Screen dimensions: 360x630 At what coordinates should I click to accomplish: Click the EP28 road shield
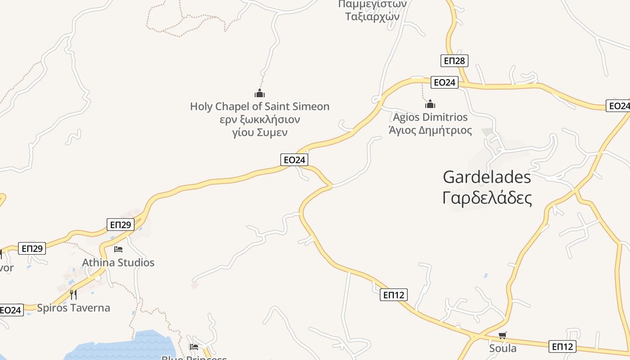tap(454, 61)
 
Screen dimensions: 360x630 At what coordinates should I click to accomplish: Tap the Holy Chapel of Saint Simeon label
tap(260, 107)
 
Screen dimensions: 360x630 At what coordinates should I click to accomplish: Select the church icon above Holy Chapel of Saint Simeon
tap(260, 93)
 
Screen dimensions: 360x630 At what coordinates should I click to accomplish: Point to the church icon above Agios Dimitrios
tap(430, 104)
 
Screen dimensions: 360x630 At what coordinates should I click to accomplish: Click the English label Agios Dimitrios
tap(430, 117)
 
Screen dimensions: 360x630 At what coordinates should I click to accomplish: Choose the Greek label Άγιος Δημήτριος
tap(430, 130)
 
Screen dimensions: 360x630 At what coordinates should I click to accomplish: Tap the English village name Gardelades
tap(487, 177)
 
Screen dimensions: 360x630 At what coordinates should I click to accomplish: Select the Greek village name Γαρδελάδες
tap(487, 198)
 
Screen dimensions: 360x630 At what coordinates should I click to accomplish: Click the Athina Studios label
tap(118, 262)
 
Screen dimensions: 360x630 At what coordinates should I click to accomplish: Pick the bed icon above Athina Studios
tap(118, 249)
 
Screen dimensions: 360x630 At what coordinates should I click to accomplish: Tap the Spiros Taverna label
tap(73, 308)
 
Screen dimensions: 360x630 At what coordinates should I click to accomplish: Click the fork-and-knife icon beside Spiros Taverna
tap(73, 295)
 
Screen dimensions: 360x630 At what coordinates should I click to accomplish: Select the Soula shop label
tap(503, 348)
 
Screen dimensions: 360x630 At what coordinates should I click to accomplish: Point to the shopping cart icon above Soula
tap(503, 335)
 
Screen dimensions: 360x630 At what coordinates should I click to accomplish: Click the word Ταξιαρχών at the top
tap(372, 16)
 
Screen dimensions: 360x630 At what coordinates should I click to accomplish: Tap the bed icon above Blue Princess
tap(194, 346)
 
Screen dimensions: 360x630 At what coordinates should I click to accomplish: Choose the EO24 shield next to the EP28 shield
tap(444, 82)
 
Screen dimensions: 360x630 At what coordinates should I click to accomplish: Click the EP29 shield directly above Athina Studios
tap(121, 225)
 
